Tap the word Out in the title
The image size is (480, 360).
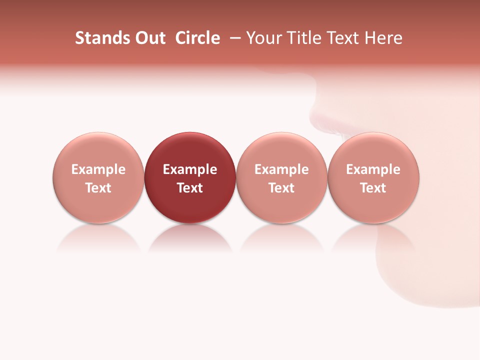[149, 38]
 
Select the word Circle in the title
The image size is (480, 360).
[197, 38]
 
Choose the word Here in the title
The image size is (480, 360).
[383, 38]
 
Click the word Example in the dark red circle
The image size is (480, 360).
[190, 169]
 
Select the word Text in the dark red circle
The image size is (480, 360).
[190, 188]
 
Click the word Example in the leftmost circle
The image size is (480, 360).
[98, 169]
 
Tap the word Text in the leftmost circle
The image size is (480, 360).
[98, 188]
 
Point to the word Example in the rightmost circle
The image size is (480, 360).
[373, 169]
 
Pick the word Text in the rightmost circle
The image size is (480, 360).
[373, 188]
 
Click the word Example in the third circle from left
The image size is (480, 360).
[281, 169]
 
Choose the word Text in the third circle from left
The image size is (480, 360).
[281, 188]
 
